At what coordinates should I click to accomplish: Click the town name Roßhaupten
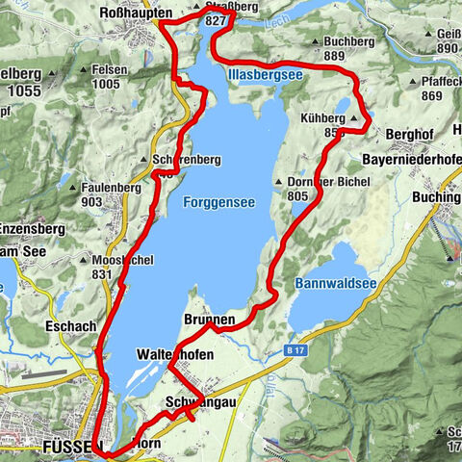tap(136, 13)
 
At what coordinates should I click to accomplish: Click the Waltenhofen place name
tap(175, 354)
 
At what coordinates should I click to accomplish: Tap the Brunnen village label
tap(208, 320)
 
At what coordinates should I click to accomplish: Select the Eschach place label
tap(67, 326)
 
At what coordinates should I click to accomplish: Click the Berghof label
tap(406, 138)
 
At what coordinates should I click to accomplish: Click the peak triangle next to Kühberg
tap(353, 119)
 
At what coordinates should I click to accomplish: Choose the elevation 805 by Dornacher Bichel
tap(299, 195)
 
